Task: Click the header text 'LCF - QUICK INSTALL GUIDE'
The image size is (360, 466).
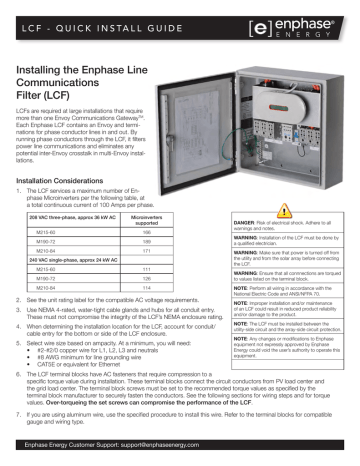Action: point(86,17)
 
